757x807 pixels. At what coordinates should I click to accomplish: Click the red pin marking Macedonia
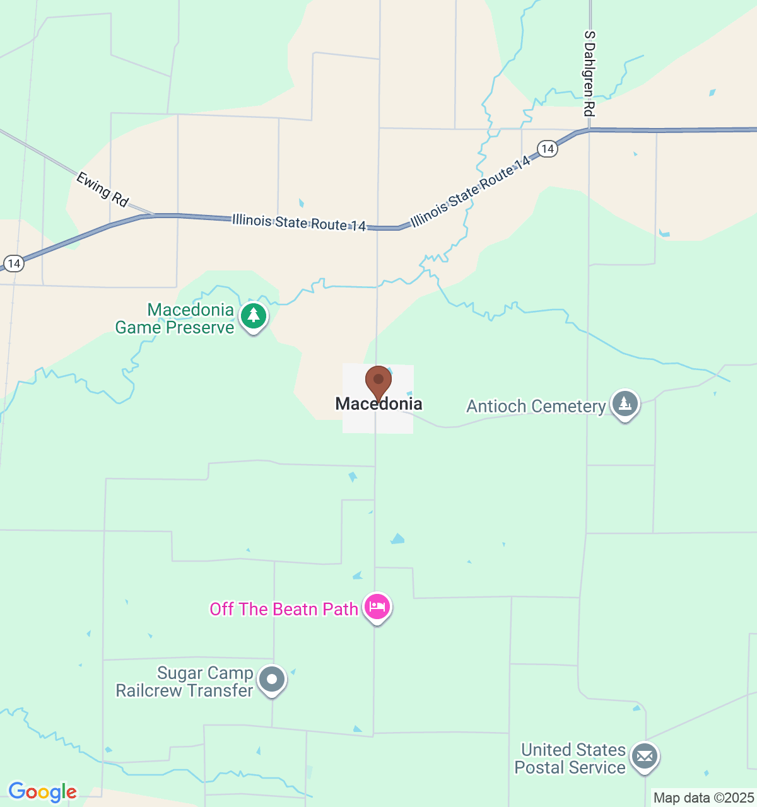click(x=378, y=381)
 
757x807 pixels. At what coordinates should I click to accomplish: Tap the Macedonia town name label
click(x=378, y=404)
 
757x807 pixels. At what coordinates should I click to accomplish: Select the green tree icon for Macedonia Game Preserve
click(x=254, y=315)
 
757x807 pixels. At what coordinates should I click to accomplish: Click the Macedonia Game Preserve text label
click(x=175, y=318)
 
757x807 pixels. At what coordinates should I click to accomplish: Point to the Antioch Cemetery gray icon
click(x=625, y=403)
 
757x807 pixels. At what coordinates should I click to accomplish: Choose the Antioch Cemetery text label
click(x=536, y=407)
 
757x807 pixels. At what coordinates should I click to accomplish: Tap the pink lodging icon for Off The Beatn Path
click(x=377, y=607)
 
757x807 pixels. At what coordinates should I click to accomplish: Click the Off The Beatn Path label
click(x=284, y=609)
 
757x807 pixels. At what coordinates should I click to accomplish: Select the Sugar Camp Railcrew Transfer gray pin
click(x=273, y=680)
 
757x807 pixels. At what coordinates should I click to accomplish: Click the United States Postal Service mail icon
click(x=645, y=756)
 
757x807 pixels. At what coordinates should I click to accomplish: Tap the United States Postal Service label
click(x=571, y=758)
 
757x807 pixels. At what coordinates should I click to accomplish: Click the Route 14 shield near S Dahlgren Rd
click(x=548, y=149)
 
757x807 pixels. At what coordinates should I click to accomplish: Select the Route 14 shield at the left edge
click(x=14, y=263)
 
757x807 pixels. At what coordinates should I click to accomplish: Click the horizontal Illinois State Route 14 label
click(x=299, y=223)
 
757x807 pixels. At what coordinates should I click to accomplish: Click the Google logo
click(x=42, y=792)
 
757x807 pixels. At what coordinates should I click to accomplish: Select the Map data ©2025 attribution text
click(x=703, y=798)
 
